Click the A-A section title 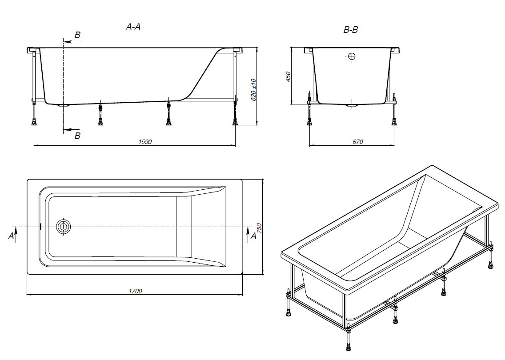coord(133,27)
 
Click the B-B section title coord(351,30)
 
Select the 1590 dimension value coord(145,142)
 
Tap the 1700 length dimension coord(135,291)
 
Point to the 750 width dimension coord(259,228)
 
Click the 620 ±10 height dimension coord(254,89)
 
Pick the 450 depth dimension coord(288,76)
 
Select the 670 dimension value coord(357,142)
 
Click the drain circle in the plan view coord(63,227)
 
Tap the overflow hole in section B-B coord(352,56)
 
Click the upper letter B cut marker coord(77,35)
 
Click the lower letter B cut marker coord(77,136)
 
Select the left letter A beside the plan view coord(11,236)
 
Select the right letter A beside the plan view coord(253,236)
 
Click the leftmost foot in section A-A coord(33,122)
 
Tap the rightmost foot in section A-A coord(235,122)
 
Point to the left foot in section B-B coord(309,122)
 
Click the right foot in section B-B coord(394,122)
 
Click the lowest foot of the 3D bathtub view coord(349,347)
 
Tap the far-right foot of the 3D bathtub coord(490,266)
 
